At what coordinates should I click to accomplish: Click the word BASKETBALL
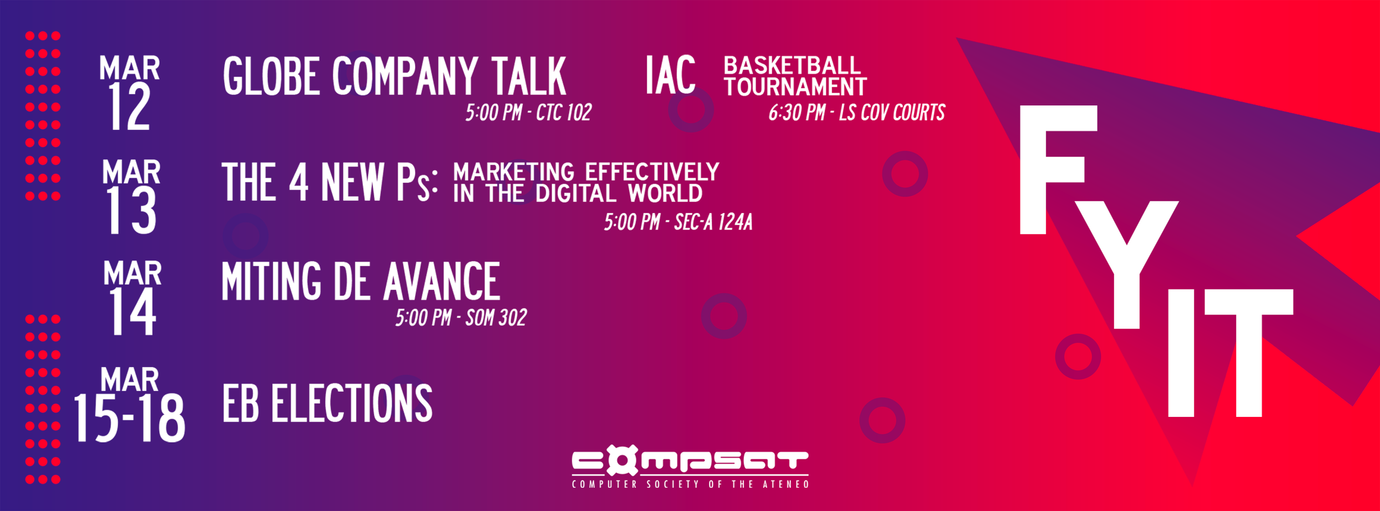(792, 66)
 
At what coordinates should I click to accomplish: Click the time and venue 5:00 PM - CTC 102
(528, 112)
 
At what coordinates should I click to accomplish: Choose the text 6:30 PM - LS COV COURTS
(856, 112)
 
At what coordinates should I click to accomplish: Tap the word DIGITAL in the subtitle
(576, 193)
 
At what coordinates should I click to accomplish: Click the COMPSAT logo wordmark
(690, 461)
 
